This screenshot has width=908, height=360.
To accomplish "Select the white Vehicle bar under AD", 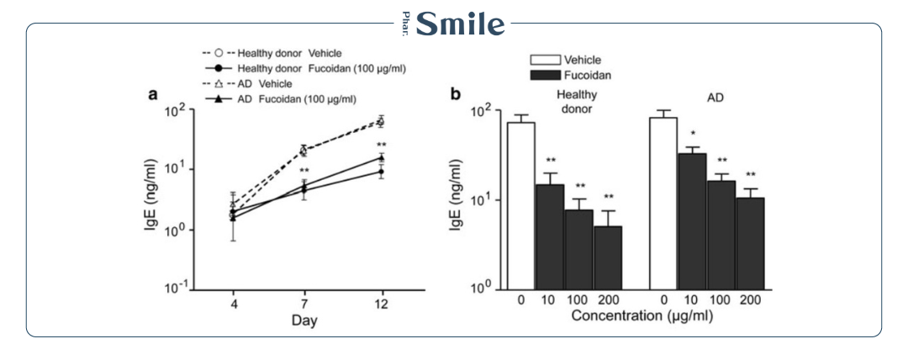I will coord(663,202).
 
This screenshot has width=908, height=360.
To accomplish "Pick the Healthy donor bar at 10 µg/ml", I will coord(549,236).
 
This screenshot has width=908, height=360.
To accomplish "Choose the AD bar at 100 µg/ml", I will coord(721,235).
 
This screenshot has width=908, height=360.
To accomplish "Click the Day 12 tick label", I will coord(381,304).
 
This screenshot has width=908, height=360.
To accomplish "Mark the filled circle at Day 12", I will coord(381,172).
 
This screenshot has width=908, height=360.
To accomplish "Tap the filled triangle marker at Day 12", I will coord(381,157).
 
